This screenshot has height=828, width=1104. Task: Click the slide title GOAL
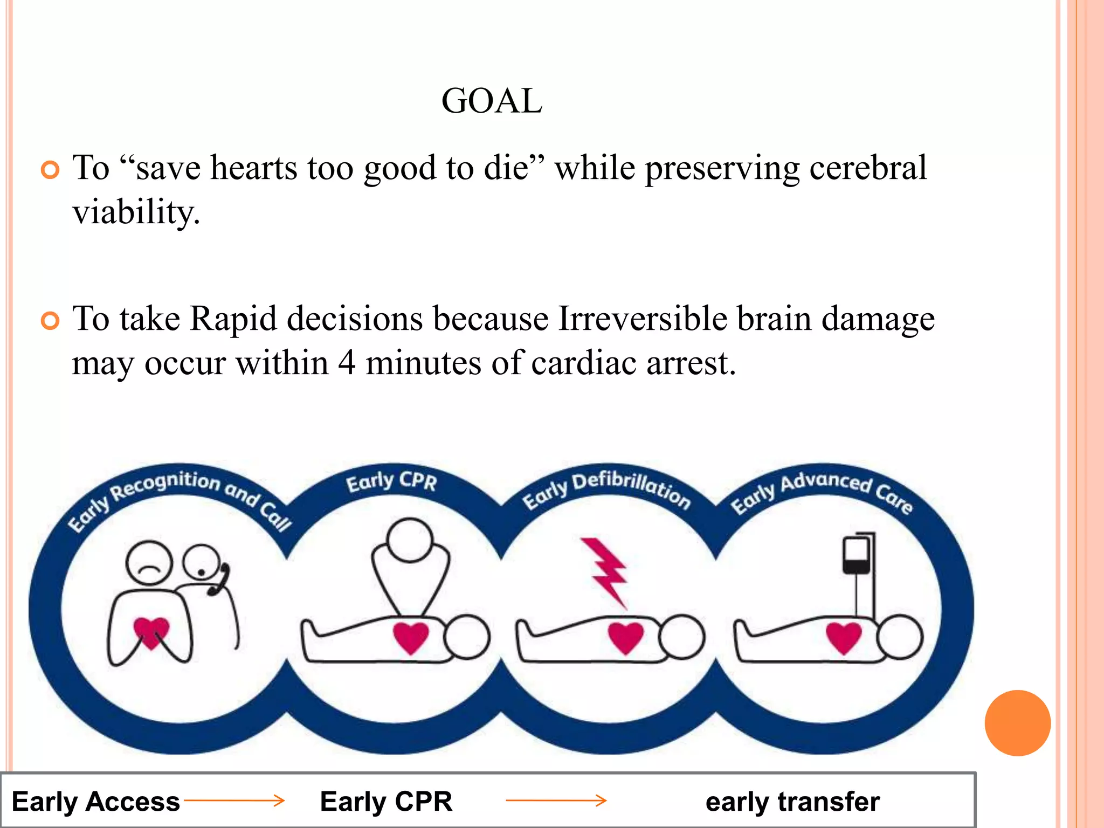(x=492, y=101)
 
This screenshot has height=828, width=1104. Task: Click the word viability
(x=136, y=212)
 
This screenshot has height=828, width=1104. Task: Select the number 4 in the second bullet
(x=347, y=363)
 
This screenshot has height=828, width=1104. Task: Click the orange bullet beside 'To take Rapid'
(x=50, y=321)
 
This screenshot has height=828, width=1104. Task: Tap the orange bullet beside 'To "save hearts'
(x=50, y=170)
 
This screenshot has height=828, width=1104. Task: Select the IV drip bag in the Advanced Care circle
(x=856, y=555)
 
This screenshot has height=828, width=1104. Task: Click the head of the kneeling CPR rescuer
(x=410, y=540)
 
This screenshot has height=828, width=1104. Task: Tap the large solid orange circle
(x=1017, y=723)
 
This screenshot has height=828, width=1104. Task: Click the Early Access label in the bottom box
(x=96, y=801)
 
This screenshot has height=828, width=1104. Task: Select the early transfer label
(x=792, y=801)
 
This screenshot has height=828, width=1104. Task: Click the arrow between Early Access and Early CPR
(x=234, y=801)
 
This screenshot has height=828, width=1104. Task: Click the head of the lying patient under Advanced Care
(x=899, y=638)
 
